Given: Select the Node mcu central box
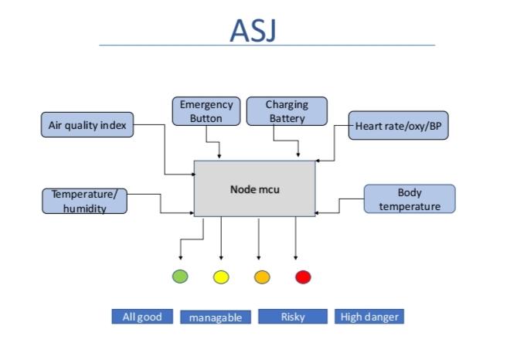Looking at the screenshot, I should click(x=254, y=188).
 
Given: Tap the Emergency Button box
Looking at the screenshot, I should click(x=206, y=111).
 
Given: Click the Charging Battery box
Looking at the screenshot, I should click(x=287, y=111).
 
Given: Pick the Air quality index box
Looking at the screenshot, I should click(x=87, y=125).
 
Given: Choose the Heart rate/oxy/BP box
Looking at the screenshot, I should click(x=398, y=126).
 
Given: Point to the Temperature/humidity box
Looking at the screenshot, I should click(x=84, y=201).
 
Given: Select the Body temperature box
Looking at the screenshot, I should click(x=410, y=199).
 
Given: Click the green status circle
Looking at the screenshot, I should click(x=180, y=276).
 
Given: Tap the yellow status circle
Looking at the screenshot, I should click(x=221, y=276).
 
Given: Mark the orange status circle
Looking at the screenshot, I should click(x=261, y=276).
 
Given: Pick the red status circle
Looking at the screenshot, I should click(x=302, y=276).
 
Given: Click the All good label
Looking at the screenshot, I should click(x=141, y=317).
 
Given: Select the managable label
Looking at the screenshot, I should click(x=216, y=318).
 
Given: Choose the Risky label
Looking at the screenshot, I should click(x=293, y=317).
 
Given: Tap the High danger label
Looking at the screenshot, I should click(x=369, y=317).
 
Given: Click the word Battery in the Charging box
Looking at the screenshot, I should click(x=287, y=118).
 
